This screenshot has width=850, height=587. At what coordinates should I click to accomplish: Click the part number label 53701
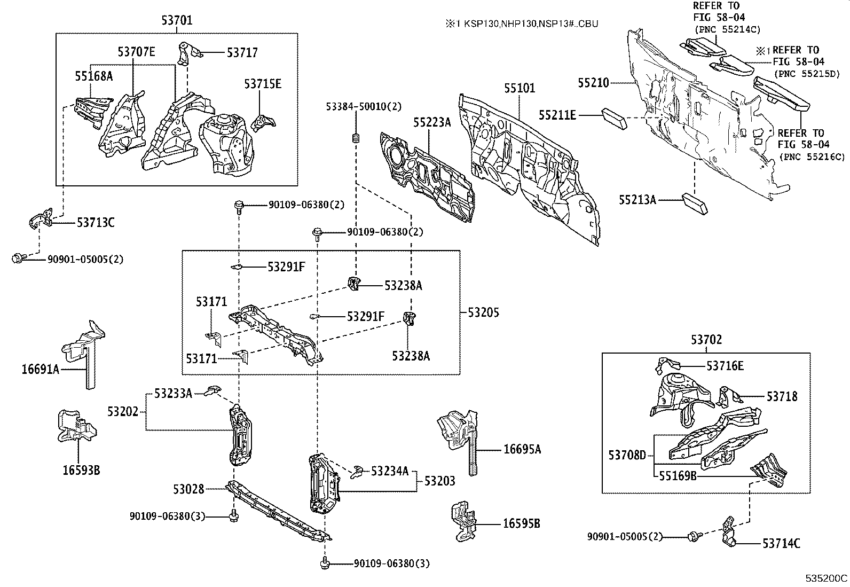[177, 21]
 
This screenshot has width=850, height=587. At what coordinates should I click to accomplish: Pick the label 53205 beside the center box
[483, 312]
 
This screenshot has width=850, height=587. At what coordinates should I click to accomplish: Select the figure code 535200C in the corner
[826, 578]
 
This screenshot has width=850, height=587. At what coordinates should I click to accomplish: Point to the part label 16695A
[522, 450]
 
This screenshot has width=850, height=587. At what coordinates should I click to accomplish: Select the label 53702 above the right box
[706, 340]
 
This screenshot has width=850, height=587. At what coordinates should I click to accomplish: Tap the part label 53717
[242, 52]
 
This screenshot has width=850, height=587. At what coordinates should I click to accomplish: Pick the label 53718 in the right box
[782, 396]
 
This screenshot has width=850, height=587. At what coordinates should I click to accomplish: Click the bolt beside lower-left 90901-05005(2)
[18, 259]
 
